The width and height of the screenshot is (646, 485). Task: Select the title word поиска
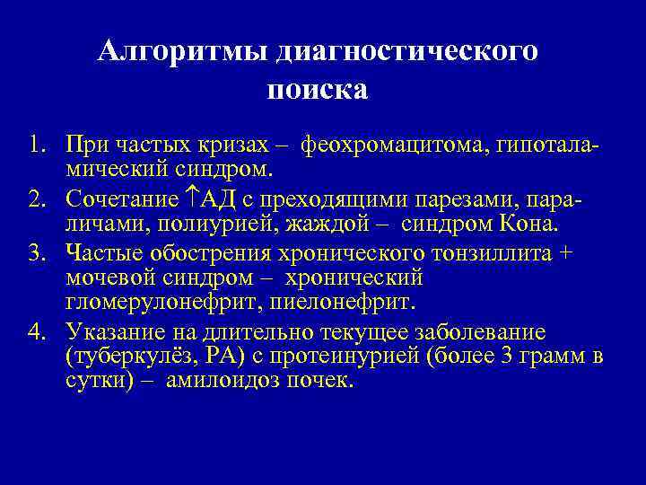point(318,90)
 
